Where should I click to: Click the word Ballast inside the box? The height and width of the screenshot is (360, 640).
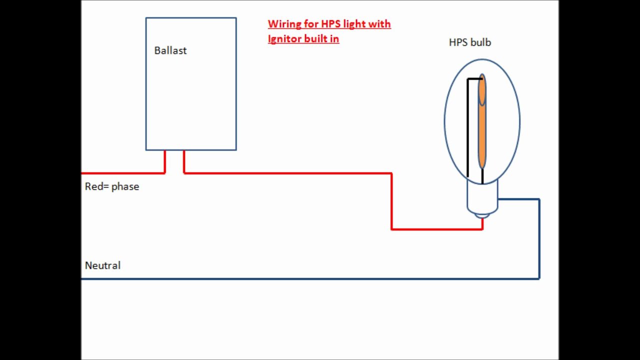click(x=170, y=50)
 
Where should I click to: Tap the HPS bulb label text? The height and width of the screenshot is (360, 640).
click(x=469, y=42)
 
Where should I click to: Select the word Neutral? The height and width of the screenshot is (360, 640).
click(x=102, y=265)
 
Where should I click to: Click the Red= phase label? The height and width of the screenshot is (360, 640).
click(x=112, y=186)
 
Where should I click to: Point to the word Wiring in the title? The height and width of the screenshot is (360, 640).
click(x=284, y=24)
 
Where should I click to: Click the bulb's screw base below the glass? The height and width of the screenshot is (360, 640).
click(x=482, y=197)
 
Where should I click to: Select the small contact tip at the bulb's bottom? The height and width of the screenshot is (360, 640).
click(x=482, y=216)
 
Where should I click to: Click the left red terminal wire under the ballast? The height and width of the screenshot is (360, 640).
click(x=164, y=161)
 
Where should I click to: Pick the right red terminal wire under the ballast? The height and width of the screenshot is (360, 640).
click(x=184, y=161)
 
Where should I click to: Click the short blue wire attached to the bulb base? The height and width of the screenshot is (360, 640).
click(x=518, y=199)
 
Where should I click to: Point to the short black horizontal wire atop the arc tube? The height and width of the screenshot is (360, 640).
click(x=474, y=79)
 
